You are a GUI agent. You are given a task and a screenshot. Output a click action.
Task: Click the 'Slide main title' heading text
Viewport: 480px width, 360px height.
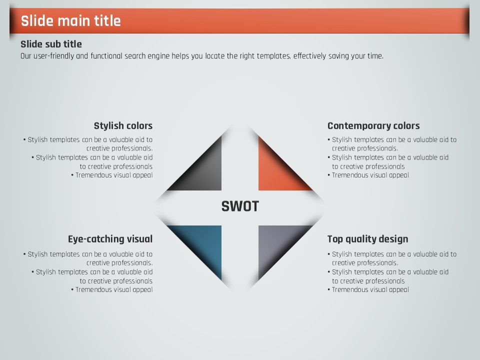click(70, 21)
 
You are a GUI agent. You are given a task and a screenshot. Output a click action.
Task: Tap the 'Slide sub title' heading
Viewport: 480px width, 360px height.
click(51, 44)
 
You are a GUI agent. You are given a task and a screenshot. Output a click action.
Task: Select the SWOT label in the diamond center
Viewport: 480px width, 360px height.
click(240, 206)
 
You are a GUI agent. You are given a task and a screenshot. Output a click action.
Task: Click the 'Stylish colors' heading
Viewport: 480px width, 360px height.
click(123, 126)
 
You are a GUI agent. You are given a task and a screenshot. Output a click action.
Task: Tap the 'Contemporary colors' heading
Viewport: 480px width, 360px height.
click(373, 126)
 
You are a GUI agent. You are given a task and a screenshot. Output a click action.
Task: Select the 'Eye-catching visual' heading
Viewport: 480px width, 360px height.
click(110, 239)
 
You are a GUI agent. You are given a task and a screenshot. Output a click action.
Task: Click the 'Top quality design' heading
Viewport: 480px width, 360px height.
click(367, 239)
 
